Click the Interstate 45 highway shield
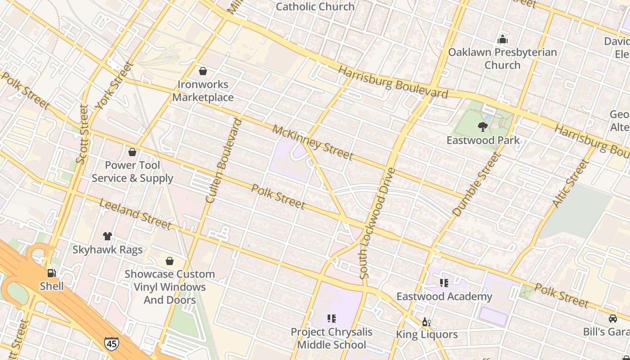tap(111, 344)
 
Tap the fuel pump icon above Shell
tap(52, 273)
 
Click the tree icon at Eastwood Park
tap(483, 127)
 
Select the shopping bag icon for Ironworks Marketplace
tap(203, 71)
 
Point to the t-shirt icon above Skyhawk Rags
tap(107, 236)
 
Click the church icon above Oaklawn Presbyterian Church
tap(502, 39)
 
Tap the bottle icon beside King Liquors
tap(426, 322)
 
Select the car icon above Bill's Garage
tap(612, 319)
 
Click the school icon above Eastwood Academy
tap(444, 283)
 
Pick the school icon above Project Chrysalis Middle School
tap(332, 319)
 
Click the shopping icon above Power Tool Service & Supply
tap(132, 152)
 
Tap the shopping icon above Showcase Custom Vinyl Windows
tap(170, 261)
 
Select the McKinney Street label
tap(313, 143)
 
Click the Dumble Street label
tap(477, 184)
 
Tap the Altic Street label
tap(570, 184)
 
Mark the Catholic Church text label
tap(315, 7)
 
